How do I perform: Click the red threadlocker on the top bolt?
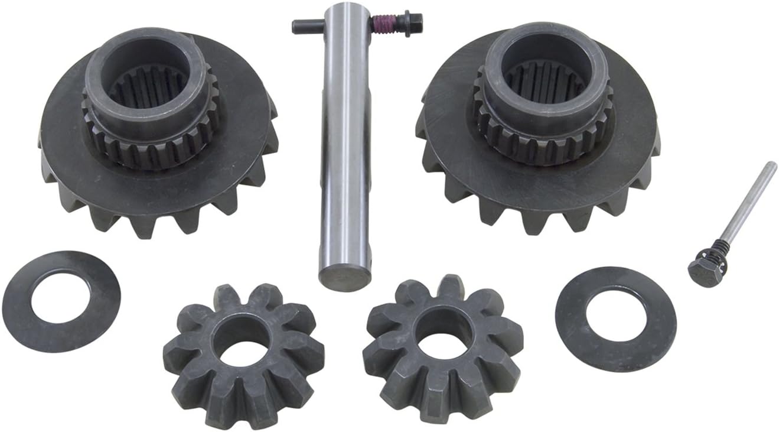click(x=380, y=24)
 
